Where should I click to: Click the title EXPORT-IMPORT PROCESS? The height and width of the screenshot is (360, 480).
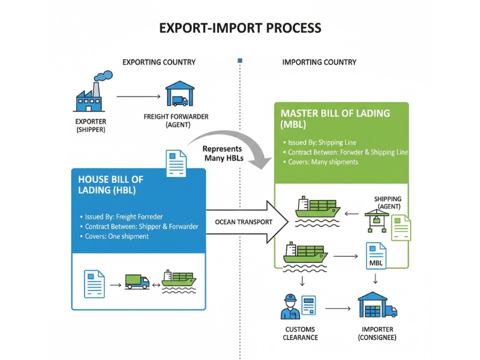point(240,28)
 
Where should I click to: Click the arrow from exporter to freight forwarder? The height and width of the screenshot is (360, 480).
point(137,95)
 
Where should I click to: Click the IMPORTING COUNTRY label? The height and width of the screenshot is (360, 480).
point(319,62)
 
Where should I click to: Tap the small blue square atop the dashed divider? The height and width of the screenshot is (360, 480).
point(240,61)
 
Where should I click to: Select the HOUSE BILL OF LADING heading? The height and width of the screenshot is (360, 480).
point(111,185)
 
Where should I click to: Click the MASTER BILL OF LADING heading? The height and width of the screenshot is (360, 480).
point(335,118)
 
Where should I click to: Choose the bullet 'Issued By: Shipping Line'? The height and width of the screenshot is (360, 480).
point(322,143)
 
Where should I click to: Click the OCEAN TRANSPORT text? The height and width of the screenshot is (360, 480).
point(244,222)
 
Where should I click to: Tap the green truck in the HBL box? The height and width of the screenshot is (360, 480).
point(137,281)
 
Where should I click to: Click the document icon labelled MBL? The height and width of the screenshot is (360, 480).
point(376,256)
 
